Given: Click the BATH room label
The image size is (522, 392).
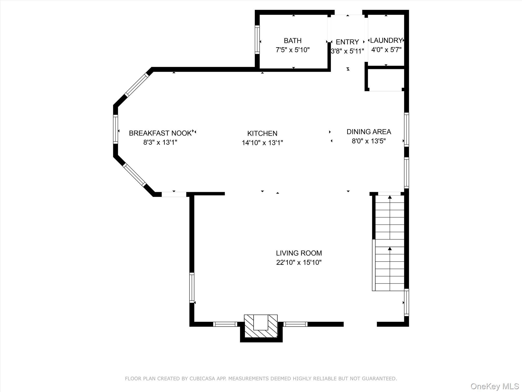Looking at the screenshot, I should tap(293, 41).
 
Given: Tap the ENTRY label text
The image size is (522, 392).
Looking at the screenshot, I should tap(347, 42).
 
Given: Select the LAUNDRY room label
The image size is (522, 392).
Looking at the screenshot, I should tap(386, 40).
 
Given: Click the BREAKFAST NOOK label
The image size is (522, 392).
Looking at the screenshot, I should tap(160, 133).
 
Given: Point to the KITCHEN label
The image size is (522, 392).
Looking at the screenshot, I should tap(262, 133).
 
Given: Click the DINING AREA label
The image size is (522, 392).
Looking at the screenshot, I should tap(369, 132).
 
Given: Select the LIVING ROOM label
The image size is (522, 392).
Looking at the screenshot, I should tap(299, 253).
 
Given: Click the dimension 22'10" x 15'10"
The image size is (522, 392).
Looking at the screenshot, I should tap(299, 262).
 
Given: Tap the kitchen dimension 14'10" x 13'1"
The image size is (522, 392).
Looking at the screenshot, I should tap(262, 143).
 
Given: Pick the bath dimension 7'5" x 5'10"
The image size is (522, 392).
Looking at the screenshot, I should tap(293, 50).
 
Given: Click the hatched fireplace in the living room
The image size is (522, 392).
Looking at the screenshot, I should tap(261, 326).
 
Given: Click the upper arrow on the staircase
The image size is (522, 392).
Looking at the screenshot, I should tap(390, 197).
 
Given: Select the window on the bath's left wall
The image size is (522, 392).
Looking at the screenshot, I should tap(257, 40).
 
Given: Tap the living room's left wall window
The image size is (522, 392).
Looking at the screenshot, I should tap(192, 288).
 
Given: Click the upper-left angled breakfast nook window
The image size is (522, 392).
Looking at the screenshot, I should tap(136, 85).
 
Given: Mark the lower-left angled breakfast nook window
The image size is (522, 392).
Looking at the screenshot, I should tap(134, 175).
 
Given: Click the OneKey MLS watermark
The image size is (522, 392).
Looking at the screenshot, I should tap(494, 386).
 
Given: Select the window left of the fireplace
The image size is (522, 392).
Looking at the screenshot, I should tap(225, 324).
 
